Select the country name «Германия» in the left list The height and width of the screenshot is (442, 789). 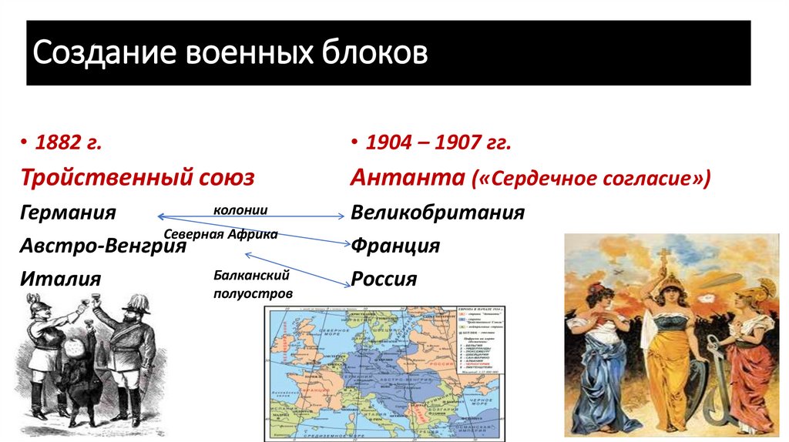(69, 213)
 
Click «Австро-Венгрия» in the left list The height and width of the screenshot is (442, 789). (103, 246)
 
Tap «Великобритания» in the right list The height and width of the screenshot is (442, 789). (438, 213)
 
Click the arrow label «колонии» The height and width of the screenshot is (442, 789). (241, 209)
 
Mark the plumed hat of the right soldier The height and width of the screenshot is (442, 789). (139, 302)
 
